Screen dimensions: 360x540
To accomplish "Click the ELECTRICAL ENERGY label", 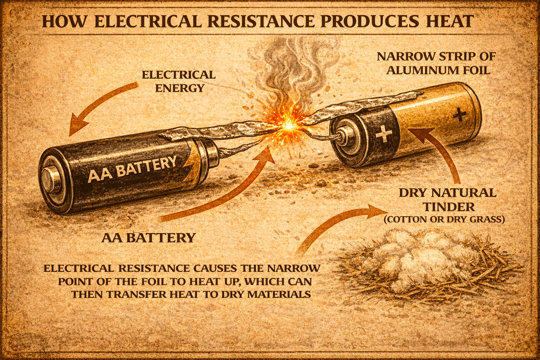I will coord(179,81).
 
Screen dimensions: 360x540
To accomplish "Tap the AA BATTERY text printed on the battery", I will coord(132,169).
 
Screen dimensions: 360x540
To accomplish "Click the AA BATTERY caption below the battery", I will coord(148,238).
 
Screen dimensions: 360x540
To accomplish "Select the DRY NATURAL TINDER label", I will coord(448,199).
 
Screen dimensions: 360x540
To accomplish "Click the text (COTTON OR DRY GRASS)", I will coord(444,220).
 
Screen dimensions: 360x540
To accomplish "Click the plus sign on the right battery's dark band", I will coord(383,135).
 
